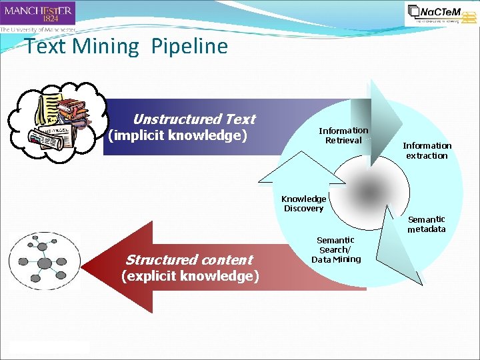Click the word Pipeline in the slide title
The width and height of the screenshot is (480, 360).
click(189, 46)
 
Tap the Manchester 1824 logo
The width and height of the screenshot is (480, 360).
click(38, 13)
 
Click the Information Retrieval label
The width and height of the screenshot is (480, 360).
click(343, 135)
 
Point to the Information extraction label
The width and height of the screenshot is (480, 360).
click(427, 151)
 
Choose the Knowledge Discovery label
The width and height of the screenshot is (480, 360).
click(304, 203)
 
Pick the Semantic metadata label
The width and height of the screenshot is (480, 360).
click(427, 224)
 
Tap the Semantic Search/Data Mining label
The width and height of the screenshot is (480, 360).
click(335, 249)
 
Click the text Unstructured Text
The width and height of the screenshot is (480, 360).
click(194, 119)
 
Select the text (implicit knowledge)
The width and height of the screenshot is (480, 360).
click(177, 136)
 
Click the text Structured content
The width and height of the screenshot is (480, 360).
click(189, 259)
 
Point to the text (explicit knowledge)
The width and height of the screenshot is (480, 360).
click(190, 276)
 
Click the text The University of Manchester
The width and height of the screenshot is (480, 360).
click(37, 29)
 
